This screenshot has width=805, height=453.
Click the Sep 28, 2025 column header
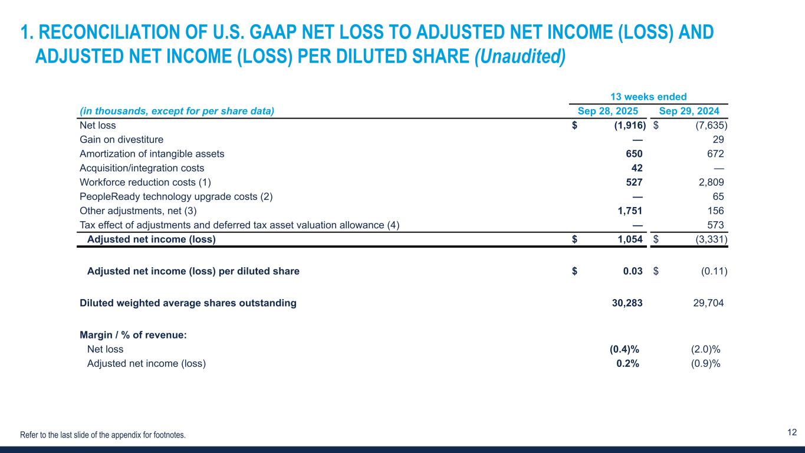click(x=607, y=111)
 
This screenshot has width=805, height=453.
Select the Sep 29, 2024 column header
click(x=693, y=111)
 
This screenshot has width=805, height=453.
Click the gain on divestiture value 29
click(x=718, y=140)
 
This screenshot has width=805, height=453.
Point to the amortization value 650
click(x=634, y=154)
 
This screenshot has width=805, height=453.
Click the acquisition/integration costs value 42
click(x=637, y=168)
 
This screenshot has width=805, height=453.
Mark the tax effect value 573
click(x=715, y=225)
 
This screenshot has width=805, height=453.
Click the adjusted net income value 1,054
click(x=629, y=239)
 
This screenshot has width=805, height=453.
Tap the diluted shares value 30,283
click(x=626, y=303)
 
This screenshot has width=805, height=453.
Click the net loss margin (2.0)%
click(x=705, y=349)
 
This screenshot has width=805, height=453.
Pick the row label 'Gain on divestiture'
click(x=121, y=140)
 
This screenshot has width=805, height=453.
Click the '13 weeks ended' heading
click(x=649, y=97)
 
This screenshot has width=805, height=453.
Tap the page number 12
click(x=792, y=432)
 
